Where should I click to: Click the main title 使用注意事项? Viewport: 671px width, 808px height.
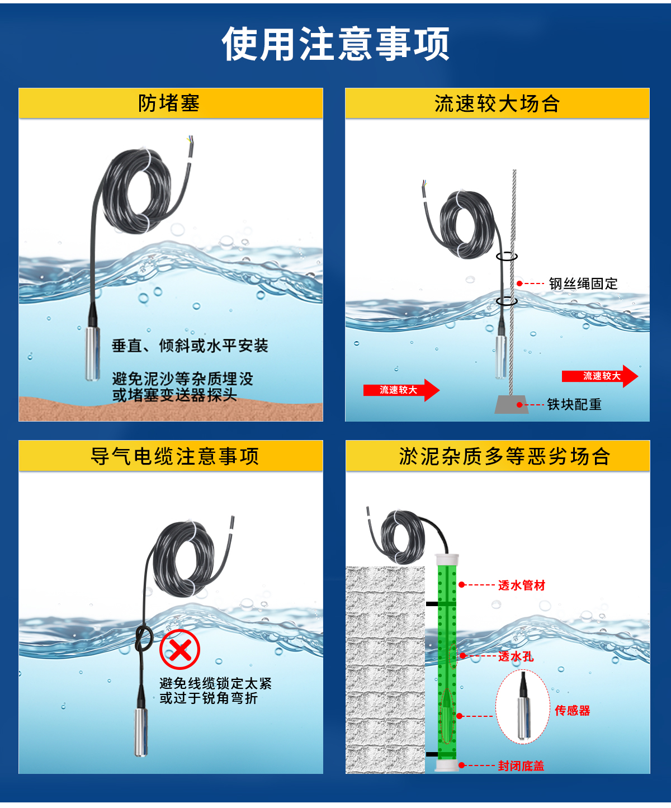pos(335,44)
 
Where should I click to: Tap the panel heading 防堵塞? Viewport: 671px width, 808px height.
pos(169,103)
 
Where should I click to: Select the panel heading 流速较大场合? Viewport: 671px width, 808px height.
pos(497,104)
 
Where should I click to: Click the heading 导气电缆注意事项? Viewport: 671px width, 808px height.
pos(174,456)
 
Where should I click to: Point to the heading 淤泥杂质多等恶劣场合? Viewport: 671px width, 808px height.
pos(504,456)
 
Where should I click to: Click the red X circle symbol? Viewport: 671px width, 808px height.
pos(179,649)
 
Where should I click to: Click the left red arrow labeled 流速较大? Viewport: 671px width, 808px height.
pos(400,390)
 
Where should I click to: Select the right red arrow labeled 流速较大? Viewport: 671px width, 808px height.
pos(599,376)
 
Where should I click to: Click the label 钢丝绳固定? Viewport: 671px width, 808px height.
pos(583,283)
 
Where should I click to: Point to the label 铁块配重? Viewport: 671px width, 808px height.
pos(574,404)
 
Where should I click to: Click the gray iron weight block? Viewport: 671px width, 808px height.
pos(511,404)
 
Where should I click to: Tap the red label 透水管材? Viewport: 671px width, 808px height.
pos(521,585)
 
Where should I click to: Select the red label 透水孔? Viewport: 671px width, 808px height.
pos(516,656)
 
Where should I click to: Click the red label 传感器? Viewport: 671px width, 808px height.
pos(572,711)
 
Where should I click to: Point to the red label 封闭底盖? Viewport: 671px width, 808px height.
pos(521,766)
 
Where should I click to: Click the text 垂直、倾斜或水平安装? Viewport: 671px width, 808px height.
pos(190,346)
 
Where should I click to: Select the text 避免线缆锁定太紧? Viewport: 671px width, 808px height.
pos(215,683)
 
